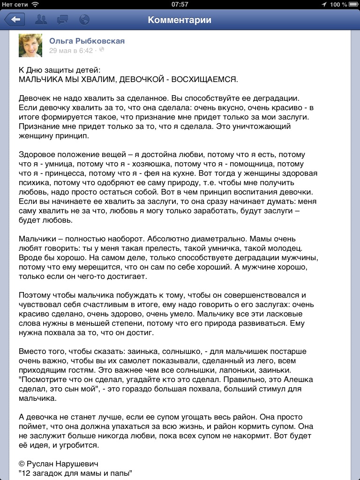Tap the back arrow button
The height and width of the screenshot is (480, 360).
[15, 20]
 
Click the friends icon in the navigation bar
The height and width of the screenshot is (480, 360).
[41, 20]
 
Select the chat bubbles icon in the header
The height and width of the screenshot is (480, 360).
[62, 20]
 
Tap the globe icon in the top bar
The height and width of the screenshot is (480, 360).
[84, 20]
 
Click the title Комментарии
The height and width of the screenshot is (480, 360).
[180, 20]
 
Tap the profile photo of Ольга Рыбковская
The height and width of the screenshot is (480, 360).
[30, 45]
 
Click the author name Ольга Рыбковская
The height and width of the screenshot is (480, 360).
[87, 41]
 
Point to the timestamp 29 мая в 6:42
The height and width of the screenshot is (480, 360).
[71, 51]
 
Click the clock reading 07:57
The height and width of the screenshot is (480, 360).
[180, 4]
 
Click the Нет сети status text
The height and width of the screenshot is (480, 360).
[15, 4]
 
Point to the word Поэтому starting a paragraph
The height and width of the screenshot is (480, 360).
[34, 295]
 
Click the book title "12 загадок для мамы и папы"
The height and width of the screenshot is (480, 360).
[75, 473]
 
